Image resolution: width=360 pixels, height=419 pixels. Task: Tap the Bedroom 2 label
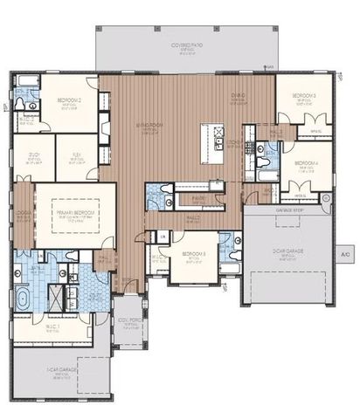70,100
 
